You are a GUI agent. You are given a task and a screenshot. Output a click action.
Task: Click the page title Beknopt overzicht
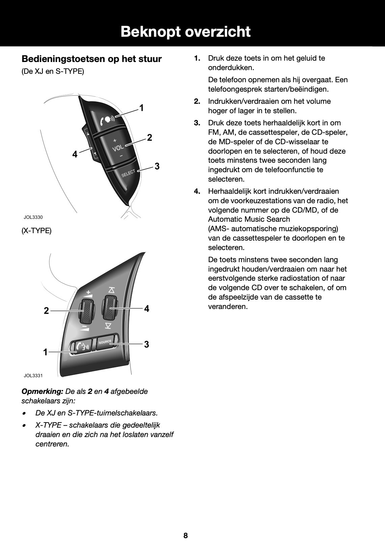click(x=186, y=32)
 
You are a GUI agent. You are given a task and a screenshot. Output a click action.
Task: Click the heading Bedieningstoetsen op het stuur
click(x=91, y=59)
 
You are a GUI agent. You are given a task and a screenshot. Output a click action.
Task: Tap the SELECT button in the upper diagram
click(x=128, y=174)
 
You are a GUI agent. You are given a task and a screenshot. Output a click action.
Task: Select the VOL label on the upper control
click(x=118, y=148)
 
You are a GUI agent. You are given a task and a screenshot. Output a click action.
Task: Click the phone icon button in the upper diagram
click(x=108, y=119)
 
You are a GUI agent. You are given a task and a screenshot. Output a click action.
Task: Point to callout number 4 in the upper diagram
click(x=75, y=154)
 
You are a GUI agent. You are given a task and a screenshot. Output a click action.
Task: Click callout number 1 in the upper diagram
click(x=142, y=108)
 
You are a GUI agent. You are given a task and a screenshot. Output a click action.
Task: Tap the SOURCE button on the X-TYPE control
click(x=105, y=342)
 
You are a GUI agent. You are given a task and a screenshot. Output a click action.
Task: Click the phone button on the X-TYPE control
click(x=81, y=347)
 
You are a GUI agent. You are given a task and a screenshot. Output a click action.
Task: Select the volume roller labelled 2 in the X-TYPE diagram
click(x=87, y=310)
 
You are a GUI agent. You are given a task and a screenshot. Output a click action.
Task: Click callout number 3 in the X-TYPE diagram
click(x=146, y=344)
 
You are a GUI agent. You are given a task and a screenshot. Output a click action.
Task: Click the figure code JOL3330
click(x=33, y=217)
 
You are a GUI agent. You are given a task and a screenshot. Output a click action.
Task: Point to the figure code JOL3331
click(x=33, y=375)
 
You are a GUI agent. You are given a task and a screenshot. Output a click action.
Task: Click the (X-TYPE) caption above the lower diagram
click(x=36, y=231)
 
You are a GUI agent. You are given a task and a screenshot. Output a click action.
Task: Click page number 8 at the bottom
click(x=186, y=535)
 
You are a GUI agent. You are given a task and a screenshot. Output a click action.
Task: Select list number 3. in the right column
click(x=197, y=123)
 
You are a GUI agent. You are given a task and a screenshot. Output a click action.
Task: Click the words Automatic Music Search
click(x=249, y=219)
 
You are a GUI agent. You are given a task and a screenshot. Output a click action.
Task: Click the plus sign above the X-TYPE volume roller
click(x=89, y=292)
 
